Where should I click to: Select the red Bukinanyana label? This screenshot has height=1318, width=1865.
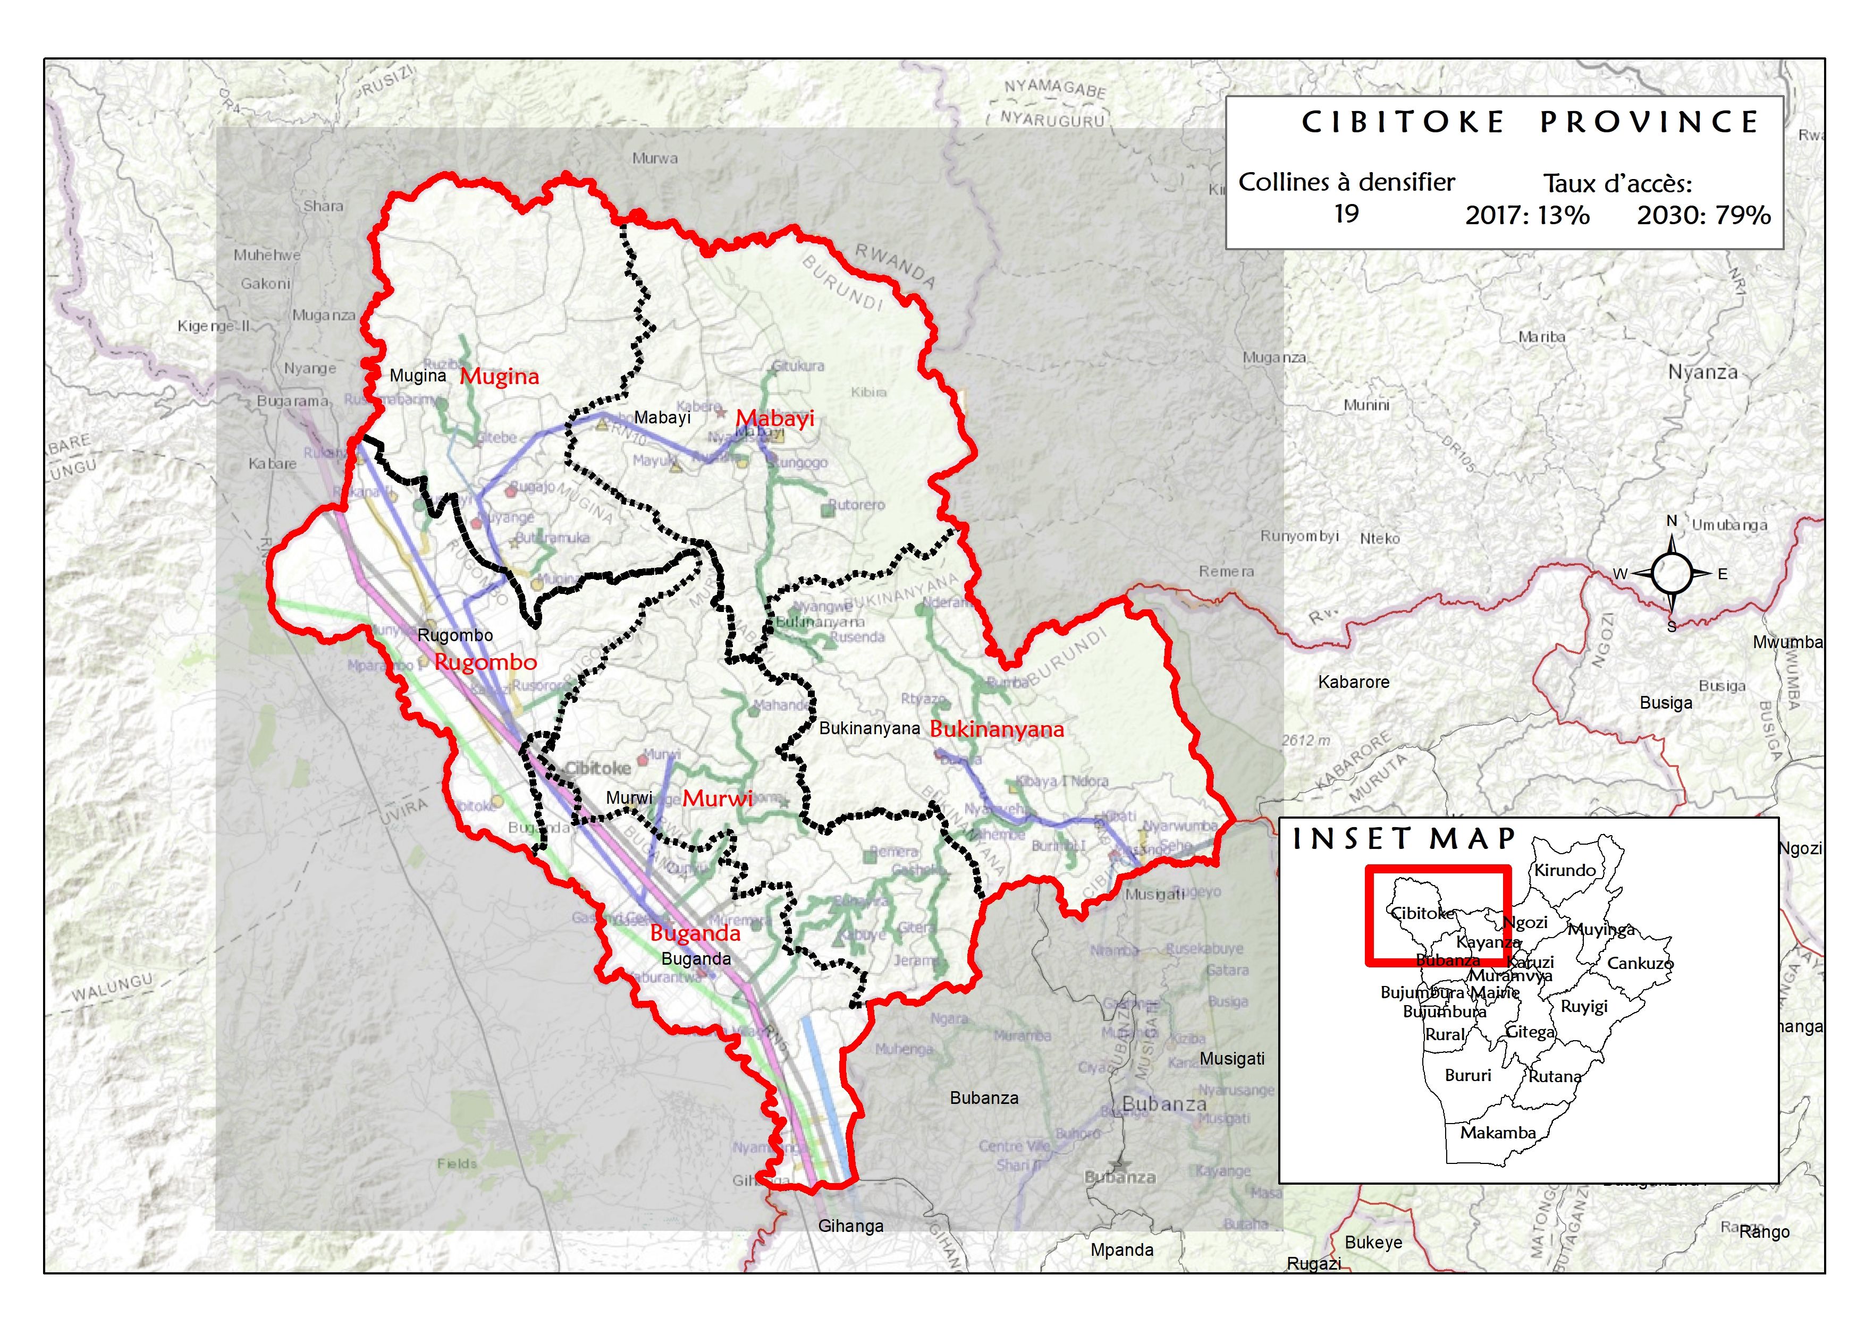coord(996,729)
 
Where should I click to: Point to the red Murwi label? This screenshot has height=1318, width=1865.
coord(716,798)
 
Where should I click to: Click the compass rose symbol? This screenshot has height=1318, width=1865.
coord(1671,573)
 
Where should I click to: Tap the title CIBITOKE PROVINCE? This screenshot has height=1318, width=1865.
coord(1530,122)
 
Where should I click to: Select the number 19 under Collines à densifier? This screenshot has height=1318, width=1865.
coord(1346,214)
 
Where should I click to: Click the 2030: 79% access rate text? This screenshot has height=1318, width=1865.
coord(1703,215)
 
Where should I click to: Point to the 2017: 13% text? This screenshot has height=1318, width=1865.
coord(1527,215)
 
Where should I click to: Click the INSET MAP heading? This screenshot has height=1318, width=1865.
coord(1404,839)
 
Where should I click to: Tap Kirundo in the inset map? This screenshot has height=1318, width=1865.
coord(1565,870)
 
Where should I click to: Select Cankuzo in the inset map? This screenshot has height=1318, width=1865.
coord(1640,963)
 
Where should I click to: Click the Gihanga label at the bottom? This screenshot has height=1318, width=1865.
coord(850,1226)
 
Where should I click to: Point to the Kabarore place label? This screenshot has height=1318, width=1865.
coord(1353,682)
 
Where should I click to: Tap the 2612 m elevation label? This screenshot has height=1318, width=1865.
coord(1306,740)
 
